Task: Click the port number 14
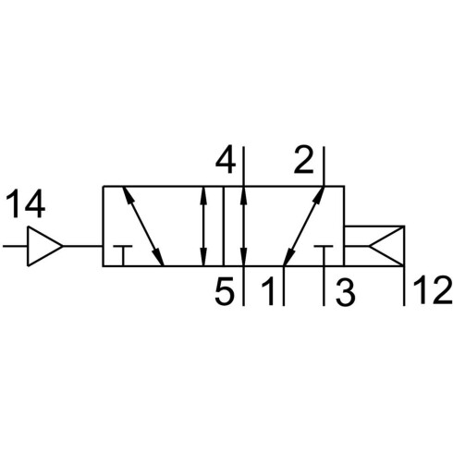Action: pos(26,203)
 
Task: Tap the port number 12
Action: pos(433,290)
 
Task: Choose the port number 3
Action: pos(346,290)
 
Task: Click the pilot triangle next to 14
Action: pos(45,246)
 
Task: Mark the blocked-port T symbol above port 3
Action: pos(324,247)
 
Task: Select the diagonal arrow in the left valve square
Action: pos(143,226)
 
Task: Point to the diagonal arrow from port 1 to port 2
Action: pos(303,226)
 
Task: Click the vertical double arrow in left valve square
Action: pos(203,226)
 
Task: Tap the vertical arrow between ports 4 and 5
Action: pos(244,226)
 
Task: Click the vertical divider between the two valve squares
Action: pos(224,226)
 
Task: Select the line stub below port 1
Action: pos(284,286)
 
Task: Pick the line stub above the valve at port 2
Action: pos(324,166)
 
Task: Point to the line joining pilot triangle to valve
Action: pos(82,246)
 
